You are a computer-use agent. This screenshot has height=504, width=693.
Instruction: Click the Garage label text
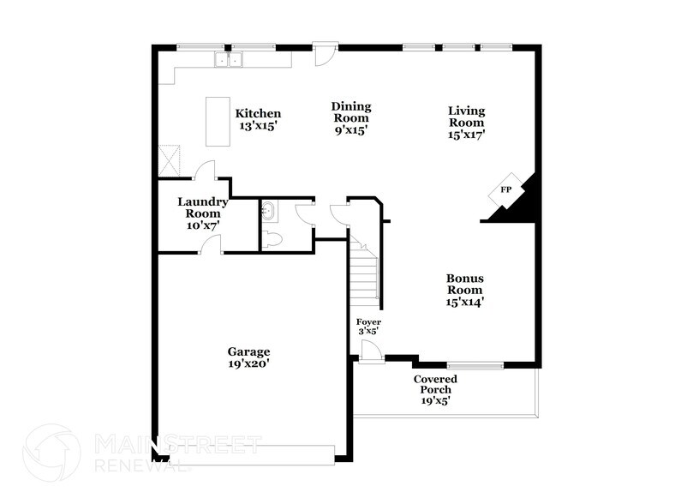(248, 352)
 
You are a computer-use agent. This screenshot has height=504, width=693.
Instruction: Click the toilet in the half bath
(273, 239)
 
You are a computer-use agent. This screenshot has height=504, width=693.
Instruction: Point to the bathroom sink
(268, 208)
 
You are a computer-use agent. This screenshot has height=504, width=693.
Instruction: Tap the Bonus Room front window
(475, 365)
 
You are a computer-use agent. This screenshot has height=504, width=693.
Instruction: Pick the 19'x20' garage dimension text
(248, 363)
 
